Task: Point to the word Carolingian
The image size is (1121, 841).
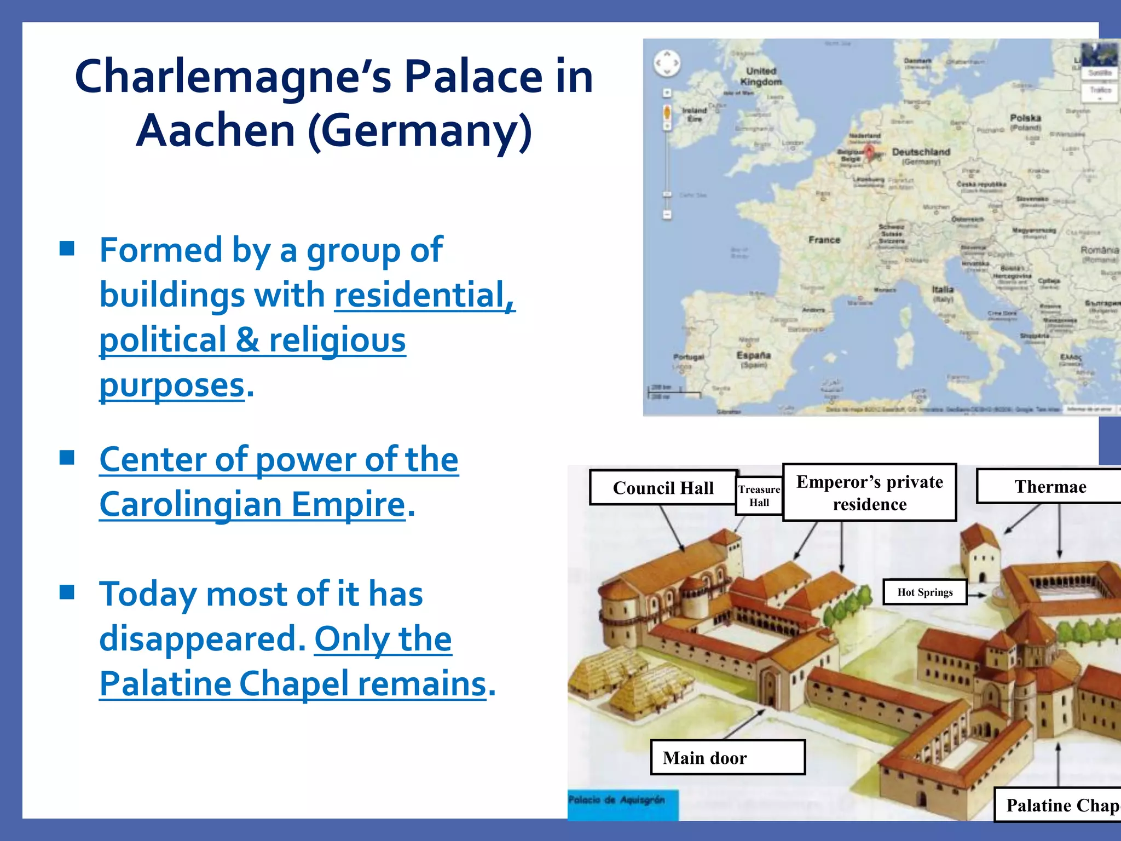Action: pos(252,504)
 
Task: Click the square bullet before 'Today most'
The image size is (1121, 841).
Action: pos(67,592)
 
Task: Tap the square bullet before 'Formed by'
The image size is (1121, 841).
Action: pos(67,249)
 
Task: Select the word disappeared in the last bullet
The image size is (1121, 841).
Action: pos(202,638)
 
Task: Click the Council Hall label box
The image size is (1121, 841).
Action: pos(663,487)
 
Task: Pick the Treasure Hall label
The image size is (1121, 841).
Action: pos(759,496)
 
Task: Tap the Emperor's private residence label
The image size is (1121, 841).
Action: pos(869,492)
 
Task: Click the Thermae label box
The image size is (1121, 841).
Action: pos(1050,486)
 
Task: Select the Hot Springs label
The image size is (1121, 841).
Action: pos(924,592)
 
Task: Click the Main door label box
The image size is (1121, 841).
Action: pos(727,757)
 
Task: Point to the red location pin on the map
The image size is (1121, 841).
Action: pos(870,152)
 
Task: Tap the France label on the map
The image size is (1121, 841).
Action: pos(824,240)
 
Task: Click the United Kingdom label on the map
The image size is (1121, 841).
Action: pos(761,76)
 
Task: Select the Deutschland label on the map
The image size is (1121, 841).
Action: pos(921,152)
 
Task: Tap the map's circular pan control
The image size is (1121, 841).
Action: pos(667,63)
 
